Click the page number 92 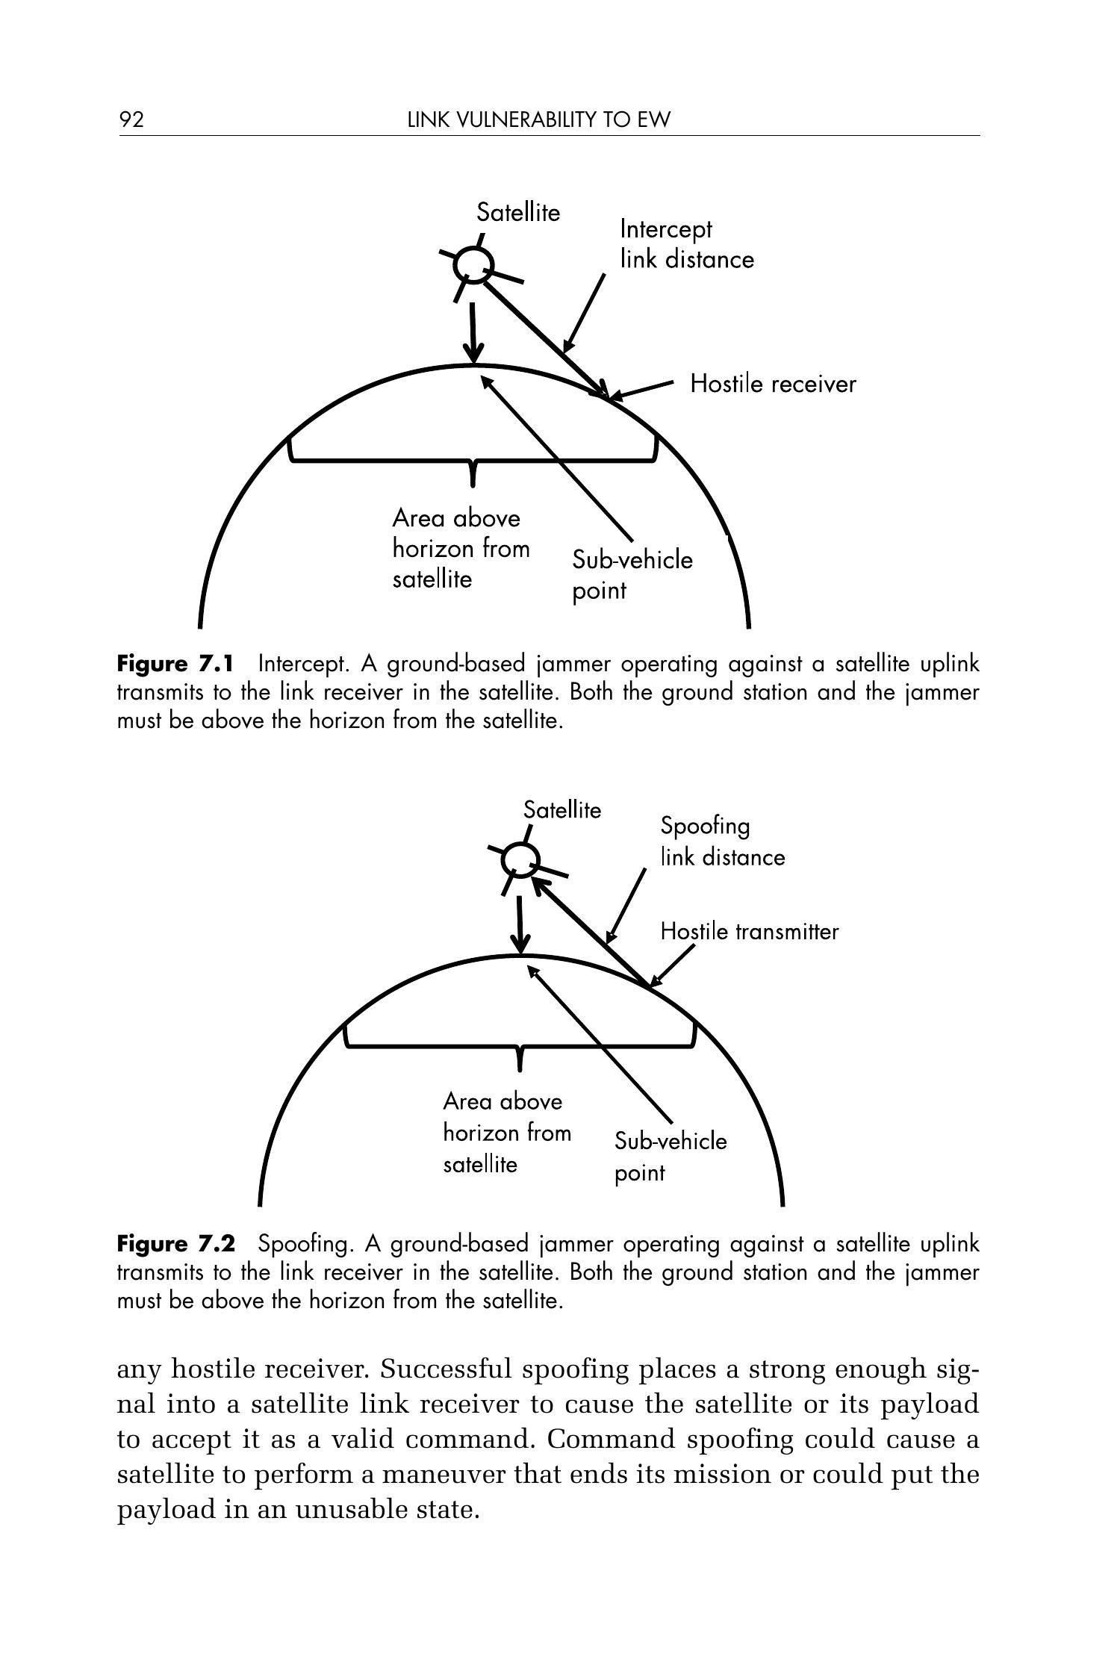point(131,119)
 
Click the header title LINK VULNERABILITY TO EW point(539,119)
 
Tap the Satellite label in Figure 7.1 point(518,213)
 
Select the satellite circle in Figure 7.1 point(475,264)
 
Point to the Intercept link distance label point(686,244)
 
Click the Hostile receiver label point(773,384)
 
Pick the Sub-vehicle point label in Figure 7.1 point(632,575)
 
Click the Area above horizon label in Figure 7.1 point(461,549)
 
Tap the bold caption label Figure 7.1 point(175,664)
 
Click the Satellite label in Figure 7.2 point(561,810)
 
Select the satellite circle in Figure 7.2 point(520,859)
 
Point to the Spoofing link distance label point(722,841)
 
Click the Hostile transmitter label point(749,932)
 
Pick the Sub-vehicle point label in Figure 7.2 point(670,1157)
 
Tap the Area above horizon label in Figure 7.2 point(506,1133)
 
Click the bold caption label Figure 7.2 point(175,1244)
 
